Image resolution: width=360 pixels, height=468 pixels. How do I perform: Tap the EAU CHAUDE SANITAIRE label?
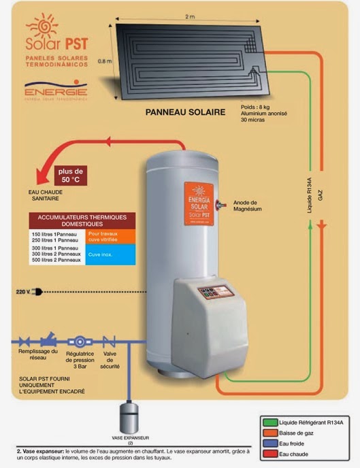(x=51, y=197)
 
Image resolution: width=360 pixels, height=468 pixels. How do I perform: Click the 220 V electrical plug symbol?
(x=37, y=292)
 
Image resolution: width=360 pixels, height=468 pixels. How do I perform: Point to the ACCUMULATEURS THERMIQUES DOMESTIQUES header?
(x=82, y=220)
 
